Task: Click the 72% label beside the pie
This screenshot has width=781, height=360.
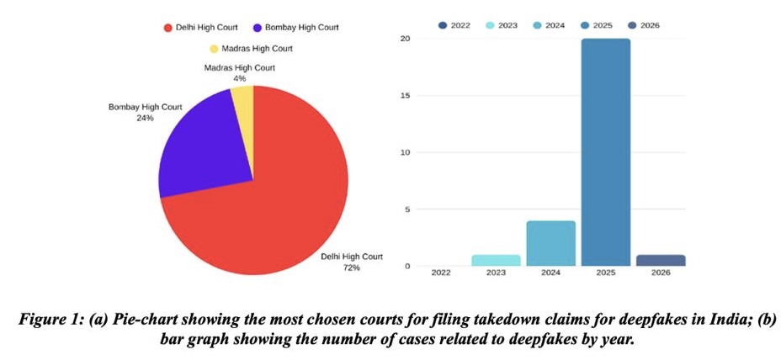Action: tap(351, 267)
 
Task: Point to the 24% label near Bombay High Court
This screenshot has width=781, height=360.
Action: tap(145, 119)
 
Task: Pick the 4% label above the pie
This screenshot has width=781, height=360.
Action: tap(240, 78)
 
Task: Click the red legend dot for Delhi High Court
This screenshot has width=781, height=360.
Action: tap(167, 28)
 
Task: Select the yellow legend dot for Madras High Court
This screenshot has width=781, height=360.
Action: tap(214, 48)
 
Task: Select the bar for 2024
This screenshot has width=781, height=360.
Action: tap(551, 243)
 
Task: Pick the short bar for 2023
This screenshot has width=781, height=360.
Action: tap(495, 260)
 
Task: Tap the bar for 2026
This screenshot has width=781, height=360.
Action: tap(661, 260)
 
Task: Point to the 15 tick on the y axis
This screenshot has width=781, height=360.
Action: tap(406, 95)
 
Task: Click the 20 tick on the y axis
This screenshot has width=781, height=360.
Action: tap(406, 39)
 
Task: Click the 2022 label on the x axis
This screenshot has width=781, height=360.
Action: tap(439, 273)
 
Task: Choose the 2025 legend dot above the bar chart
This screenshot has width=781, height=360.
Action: tap(585, 25)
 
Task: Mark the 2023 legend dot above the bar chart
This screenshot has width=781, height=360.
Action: tap(490, 25)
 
